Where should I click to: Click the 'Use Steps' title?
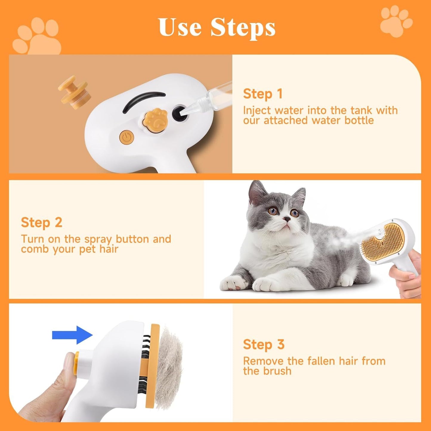[217, 27]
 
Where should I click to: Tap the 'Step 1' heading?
[262, 94]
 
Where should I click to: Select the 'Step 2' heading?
[41, 223]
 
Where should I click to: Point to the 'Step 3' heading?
[264, 345]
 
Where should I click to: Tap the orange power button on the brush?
[127, 138]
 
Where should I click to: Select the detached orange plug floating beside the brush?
[73, 92]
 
